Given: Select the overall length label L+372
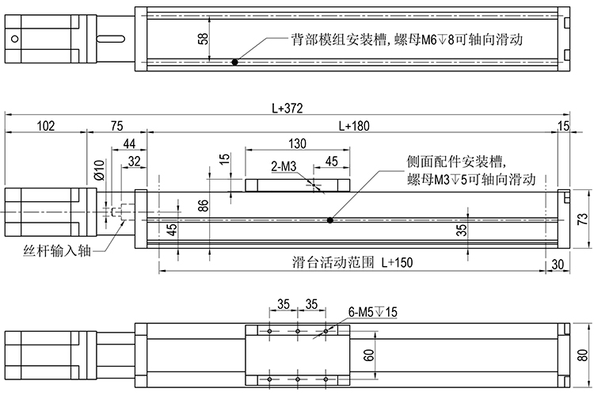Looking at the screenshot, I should tap(287, 108).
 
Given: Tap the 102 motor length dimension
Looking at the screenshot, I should tap(45, 125).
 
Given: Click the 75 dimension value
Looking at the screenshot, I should tap(116, 125).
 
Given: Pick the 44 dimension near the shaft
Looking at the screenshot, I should tap(130, 143).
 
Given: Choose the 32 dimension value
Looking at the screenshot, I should tap(134, 161).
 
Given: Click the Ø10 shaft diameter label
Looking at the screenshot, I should tap(99, 170).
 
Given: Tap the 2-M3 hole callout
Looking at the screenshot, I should tap(284, 166).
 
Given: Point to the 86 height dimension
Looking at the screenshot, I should tap(203, 205).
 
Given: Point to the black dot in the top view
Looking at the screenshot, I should tap(234, 62).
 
